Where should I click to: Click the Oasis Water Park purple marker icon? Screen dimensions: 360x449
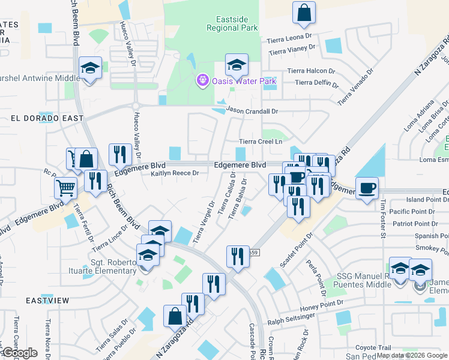pos(203,80)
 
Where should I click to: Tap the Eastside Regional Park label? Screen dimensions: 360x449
pos(232,23)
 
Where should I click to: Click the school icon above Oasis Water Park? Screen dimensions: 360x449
pos(237,64)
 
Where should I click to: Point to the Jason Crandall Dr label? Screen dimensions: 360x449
pos(253,111)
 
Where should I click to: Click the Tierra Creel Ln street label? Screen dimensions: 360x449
pos(261,142)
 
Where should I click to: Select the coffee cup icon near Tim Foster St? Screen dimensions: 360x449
pos(367,188)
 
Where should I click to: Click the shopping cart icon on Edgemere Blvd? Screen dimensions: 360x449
pos(65,187)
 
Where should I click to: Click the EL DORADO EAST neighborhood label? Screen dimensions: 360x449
pos(47,118)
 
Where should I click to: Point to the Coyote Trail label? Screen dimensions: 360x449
pos(373,347)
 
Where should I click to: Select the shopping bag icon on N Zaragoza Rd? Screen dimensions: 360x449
pos(174,316)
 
